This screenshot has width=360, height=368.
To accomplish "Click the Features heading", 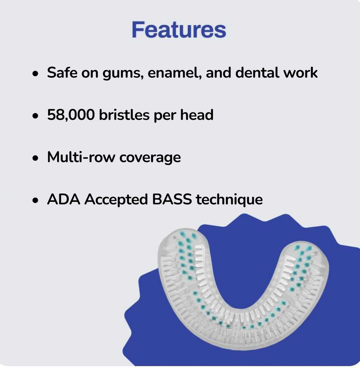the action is tap(179, 30).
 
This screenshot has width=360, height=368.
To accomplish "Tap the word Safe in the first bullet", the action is tap(62, 72).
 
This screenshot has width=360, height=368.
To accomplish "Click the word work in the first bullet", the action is tap(300, 72).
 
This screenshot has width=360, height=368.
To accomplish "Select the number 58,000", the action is tap(71, 115).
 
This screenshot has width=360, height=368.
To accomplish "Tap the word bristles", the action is tap(124, 115).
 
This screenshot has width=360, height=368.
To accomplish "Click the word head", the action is tap(197, 115).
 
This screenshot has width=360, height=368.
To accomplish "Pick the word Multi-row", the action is tap(81, 157).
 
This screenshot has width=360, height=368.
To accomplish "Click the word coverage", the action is tap(150, 158).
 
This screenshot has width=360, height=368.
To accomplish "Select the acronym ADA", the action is tap(63, 199).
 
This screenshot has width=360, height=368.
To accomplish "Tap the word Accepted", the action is tap(116, 200).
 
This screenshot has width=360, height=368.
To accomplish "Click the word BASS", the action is tap(171, 199).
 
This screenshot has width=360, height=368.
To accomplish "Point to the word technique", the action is tap(229, 200).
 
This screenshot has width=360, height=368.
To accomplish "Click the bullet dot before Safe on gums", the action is tap(35, 73).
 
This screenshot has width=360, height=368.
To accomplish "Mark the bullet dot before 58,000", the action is tap(35, 116).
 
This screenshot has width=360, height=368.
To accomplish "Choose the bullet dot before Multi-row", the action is tap(35, 158).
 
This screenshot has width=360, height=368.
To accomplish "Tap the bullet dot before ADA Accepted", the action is tap(35, 200).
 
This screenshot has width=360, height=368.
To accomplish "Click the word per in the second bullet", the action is tap(165, 116).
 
